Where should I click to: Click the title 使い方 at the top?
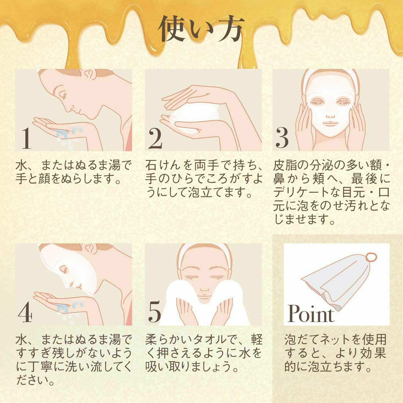point(201,29)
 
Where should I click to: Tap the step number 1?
point(26,138)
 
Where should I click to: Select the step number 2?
point(155,138)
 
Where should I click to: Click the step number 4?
point(25,312)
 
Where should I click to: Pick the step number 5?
point(155,312)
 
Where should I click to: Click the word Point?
point(311,313)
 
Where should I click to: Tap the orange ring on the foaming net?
point(371,257)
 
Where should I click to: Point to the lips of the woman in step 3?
point(330,123)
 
